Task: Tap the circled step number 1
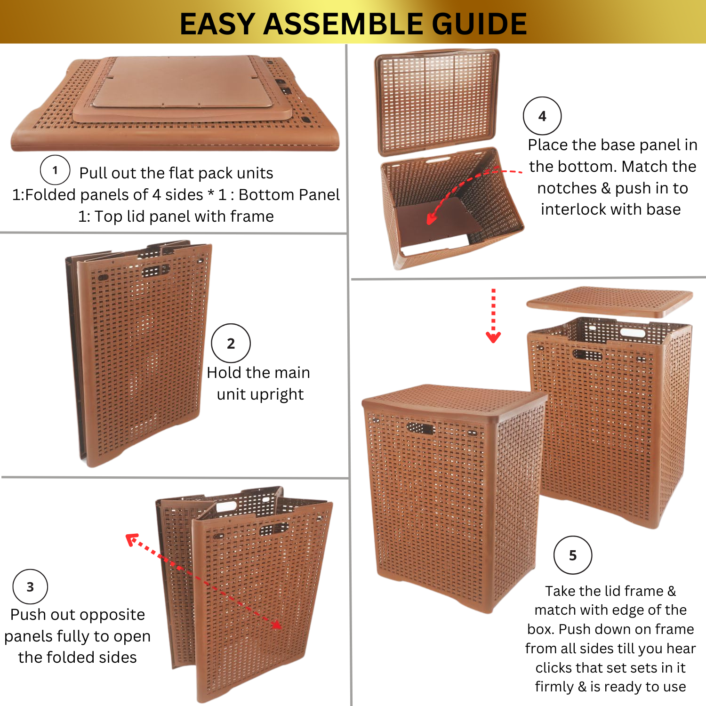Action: click(x=55, y=170)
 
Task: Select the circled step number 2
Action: click(x=231, y=343)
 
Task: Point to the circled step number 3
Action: click(x=30, y=587)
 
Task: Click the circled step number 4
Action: click(x=542, y=116)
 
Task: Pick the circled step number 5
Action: click(x=573, y=555)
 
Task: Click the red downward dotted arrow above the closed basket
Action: click(x=493, y=315)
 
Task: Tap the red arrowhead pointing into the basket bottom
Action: click(x=431, y=218)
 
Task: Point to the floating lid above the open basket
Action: click(x=610, y=302)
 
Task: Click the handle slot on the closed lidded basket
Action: click(x=420, y=428)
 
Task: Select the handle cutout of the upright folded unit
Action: click(x=156, y=271)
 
